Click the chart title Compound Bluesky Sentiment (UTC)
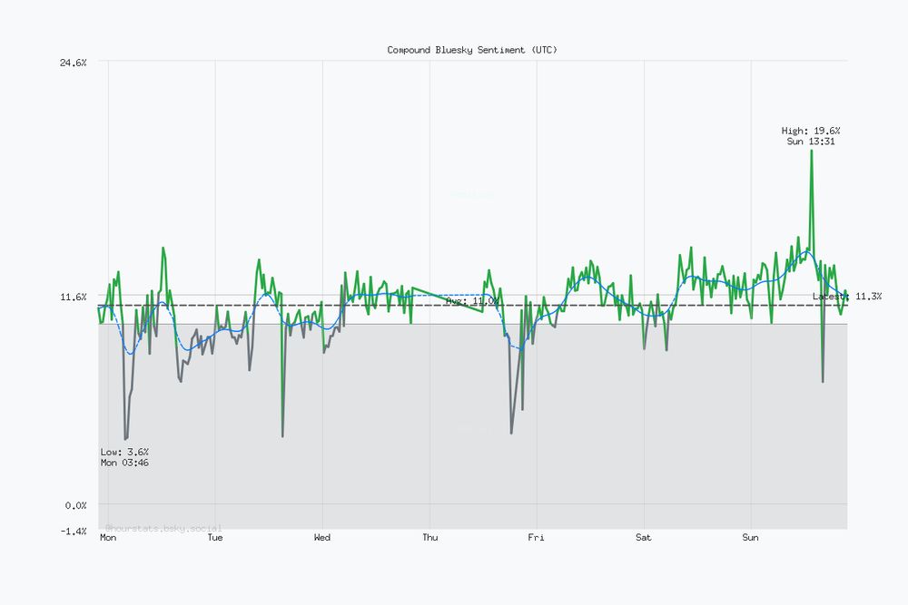click(x=472, y=50)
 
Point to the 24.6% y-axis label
click(x=73, y=63)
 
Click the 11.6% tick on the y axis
click(x=73, y=297)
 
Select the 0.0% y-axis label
click(x=74, y=504)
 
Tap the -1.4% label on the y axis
click(x=73, y=530)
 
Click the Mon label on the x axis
click(x=108, y=538)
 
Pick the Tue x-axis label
click(x=215, y=538)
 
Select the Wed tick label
click(x=322, y=538)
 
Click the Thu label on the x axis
click(x=429, y=538)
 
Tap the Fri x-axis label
click(x=537, y=538)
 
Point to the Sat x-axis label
click(x=644, y=538)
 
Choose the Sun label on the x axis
click(x=751, y=538)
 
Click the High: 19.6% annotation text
click(x=811, y=131)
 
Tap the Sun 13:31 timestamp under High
click(x=811, y=141)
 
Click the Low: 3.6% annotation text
click(x=125, y=452)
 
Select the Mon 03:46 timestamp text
click(x=125, y=463)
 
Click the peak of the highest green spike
click(x=811, y=151)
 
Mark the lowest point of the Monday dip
click(x=125, y=439)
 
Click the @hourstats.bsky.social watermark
click(x=163, y=527)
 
